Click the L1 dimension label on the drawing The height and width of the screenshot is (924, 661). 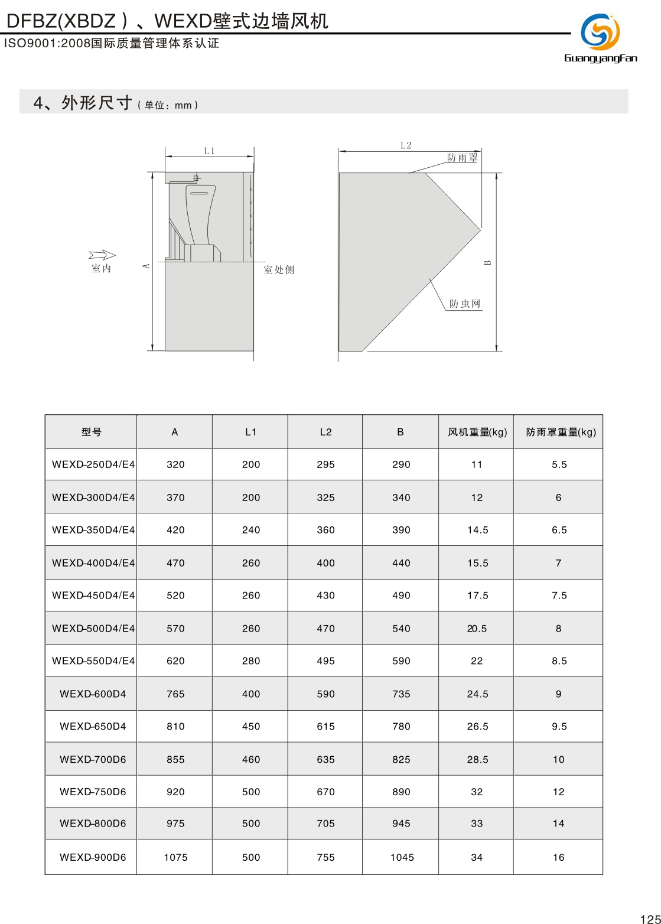(209, 151)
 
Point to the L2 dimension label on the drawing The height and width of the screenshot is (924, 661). (405, 145)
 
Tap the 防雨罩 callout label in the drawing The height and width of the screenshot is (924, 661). (462, 158)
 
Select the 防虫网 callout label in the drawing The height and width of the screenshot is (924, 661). (465, 304)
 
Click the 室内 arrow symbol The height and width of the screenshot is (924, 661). (102, 255)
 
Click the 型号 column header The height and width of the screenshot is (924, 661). (91, 432)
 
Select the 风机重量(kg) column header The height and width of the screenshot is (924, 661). (477, 432)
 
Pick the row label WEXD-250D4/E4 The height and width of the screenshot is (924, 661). (93, 464)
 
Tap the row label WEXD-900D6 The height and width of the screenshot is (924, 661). (93, 857)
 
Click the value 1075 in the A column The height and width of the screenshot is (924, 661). (175, 857)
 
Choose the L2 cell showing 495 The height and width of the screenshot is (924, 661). (325, 661)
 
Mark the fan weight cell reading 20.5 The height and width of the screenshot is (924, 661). (477, 629)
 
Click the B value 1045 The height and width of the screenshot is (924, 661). (402, 857)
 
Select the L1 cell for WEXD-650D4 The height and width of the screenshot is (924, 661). (250, 727)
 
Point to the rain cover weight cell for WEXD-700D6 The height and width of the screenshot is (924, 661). (558, 760)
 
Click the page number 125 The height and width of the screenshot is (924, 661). (650, 919)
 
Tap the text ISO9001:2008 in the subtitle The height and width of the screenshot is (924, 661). (47, 44)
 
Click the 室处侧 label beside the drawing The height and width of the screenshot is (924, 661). (279, 270)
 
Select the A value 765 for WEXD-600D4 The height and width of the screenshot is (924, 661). (175, 694)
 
